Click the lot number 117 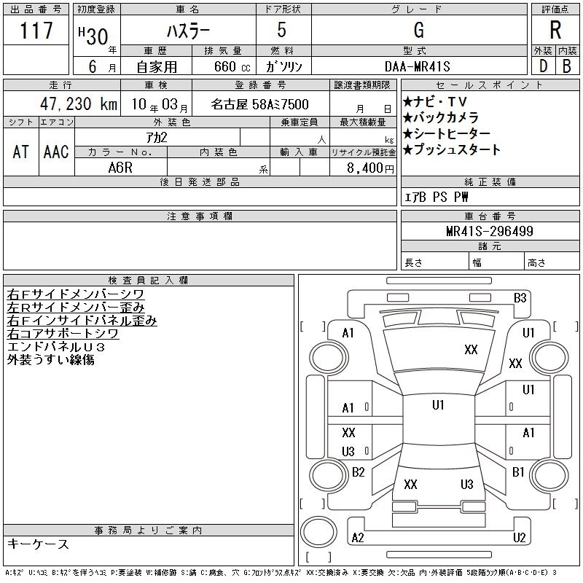coord(36,31)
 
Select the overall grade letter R coord(555,31)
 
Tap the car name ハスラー coord(187,31)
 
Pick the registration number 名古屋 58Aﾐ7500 coord(260,105)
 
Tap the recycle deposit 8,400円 coord(371,167)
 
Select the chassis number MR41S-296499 coord(490,232)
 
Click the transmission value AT coord(21,152)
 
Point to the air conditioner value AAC coord(56,152)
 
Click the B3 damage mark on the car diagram coord(520,297)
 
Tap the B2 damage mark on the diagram coord(358,472)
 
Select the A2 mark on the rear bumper coord(357,537)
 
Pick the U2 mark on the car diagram coord(519,537)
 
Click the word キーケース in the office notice coord(38,544)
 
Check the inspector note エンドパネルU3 coord(56,347)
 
